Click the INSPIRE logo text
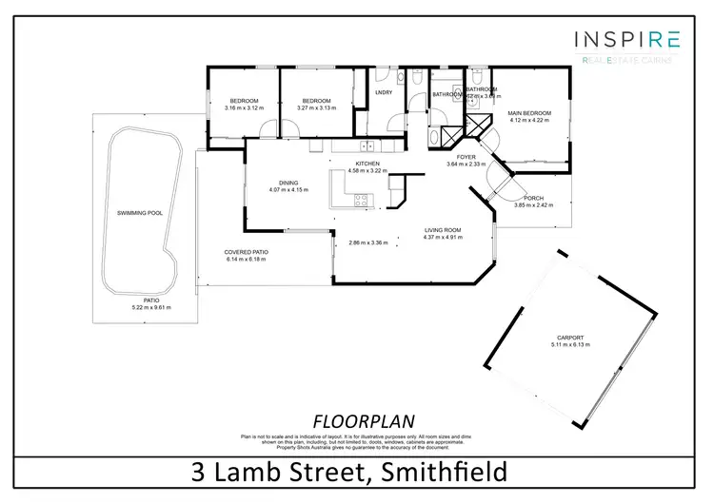[x=626, y=39]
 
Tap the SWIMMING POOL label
[x=140, y=213]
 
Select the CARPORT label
[x=571, y=339]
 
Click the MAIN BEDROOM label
[x=530, y=113]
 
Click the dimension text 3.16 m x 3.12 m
[x=244, y=107]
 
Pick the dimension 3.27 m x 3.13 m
[x=316, y=107]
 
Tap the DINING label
[x=288, y=183]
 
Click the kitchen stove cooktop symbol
[x=362, y=200]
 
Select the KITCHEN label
[x=367, y=164]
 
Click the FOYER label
[x=466, y=157]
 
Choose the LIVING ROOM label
[x=443, y=230]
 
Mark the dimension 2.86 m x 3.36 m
[x=368, y=242]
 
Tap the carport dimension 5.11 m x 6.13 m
[x=571, y=345]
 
